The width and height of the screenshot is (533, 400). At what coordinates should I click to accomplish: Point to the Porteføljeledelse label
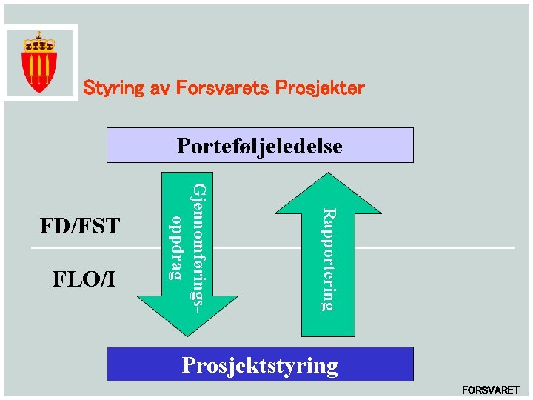260,146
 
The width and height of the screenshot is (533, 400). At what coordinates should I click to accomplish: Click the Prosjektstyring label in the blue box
260,365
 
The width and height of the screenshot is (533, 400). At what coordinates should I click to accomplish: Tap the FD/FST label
80,226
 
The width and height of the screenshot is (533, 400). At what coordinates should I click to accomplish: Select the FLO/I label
84,279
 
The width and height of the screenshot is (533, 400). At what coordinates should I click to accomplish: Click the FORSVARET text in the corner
491,390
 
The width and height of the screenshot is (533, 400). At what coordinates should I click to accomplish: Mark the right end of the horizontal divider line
513,247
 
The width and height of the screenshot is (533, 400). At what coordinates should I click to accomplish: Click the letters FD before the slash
53,226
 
